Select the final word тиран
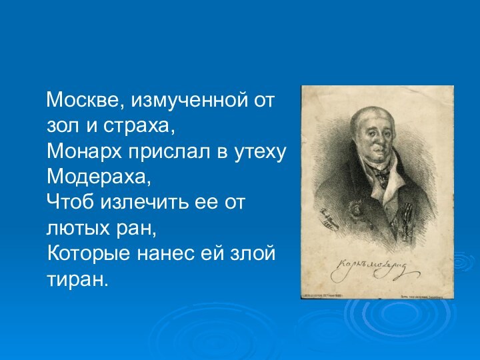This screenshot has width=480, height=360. [x=77, y=279]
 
